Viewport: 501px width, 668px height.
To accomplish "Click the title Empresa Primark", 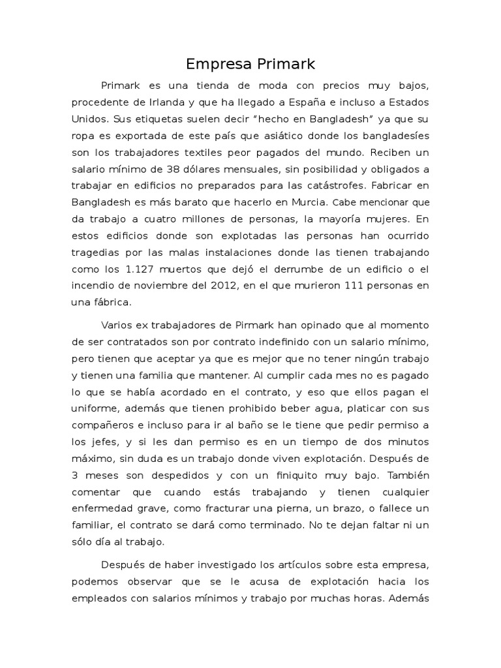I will pyautogui.click(x=250, y=64).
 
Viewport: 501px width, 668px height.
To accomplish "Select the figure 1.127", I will pyautogui.click(x=138, y=270).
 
